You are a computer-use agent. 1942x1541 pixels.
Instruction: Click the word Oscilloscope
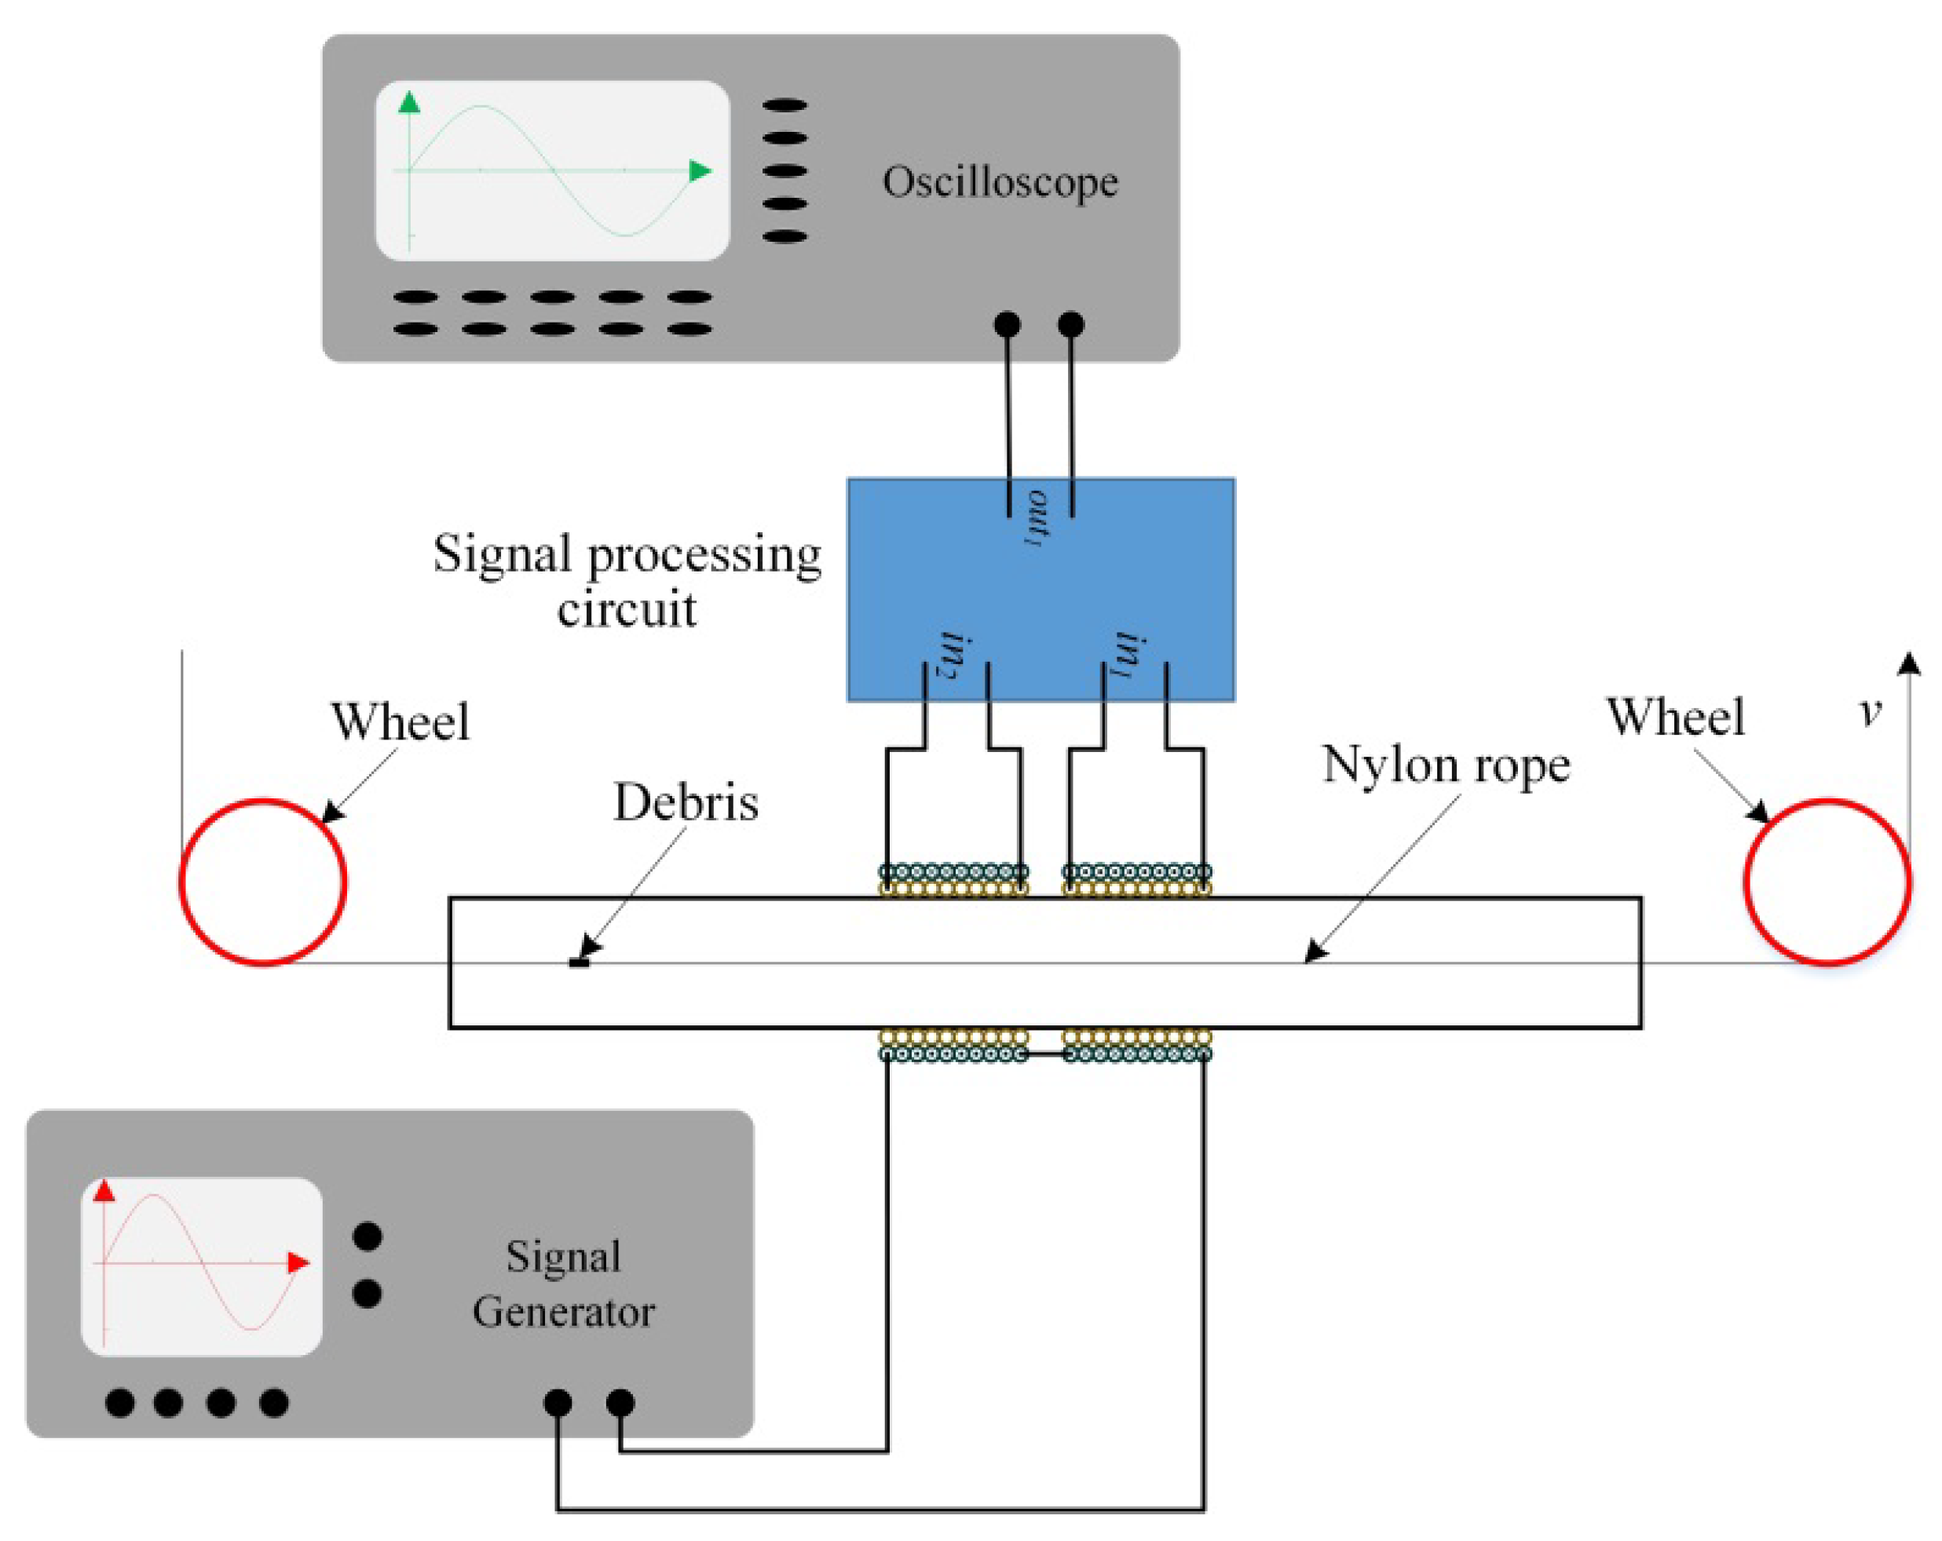[1000, 183]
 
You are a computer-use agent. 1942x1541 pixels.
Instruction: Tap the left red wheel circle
[263, 882]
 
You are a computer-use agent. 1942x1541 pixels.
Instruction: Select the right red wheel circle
[1827, 882]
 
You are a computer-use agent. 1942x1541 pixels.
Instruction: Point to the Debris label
[686, 802]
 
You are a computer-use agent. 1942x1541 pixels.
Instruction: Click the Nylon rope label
[1446, 765]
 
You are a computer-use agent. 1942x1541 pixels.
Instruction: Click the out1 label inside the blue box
[1037, 518]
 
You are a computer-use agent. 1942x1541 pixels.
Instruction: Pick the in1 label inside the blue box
[1132, 655]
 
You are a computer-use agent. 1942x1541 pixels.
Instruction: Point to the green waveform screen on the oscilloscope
[552, 171]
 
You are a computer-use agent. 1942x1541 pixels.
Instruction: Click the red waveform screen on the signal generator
[202, 1265]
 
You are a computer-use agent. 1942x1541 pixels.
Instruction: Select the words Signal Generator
[563, 1284]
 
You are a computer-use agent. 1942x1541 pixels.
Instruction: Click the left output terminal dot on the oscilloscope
[1007, 324]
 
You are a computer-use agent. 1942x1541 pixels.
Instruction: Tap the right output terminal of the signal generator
[620, 1402]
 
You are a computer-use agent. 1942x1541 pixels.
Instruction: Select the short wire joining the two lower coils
[1045, 1054]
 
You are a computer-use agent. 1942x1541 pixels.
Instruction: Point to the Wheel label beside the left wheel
[400, 721]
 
